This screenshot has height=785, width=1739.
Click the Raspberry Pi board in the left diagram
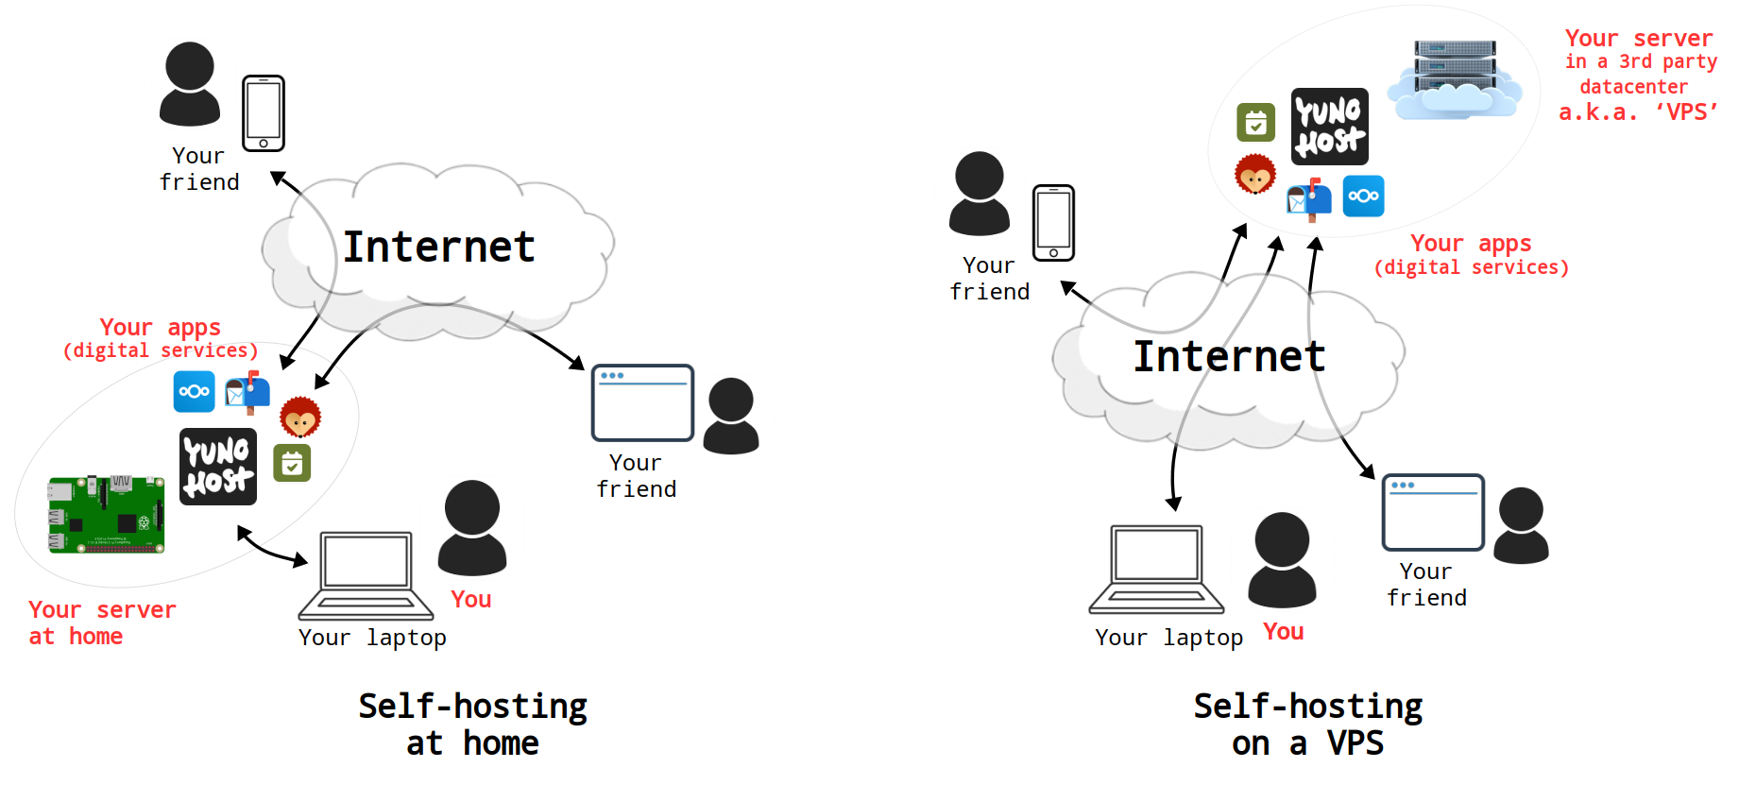[x=107, y=514]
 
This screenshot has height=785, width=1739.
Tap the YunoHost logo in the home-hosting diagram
[x=218, y=467]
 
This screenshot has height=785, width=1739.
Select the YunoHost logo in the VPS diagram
[x=1329, y=127]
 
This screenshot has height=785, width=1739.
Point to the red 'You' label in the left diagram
[x=470, y=600]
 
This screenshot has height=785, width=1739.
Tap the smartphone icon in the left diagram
[x=264, y=113]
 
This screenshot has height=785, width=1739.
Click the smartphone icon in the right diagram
[x=1053, y=223]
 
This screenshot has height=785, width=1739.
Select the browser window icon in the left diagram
[x=642, y=402]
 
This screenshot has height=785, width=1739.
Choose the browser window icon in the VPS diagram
[x=1433, y=512]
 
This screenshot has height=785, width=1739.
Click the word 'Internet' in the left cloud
[x=438, y=247]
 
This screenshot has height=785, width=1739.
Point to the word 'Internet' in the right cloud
[x=1229, y=357]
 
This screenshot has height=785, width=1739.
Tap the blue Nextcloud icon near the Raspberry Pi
[x=194, y=391]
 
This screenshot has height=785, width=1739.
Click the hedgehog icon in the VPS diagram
[x=1255, y=174]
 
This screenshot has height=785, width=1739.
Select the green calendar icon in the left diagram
[x=292, y=463]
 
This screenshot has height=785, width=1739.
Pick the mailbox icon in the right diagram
[x=1309, y=198]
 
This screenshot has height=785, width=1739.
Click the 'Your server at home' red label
[x=101, y=623]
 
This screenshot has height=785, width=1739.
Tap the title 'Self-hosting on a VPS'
[x=1307, y=725]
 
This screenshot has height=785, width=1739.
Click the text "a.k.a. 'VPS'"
[x=1637, y=112]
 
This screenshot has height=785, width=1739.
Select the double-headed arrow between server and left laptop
[x=272, y=547]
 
